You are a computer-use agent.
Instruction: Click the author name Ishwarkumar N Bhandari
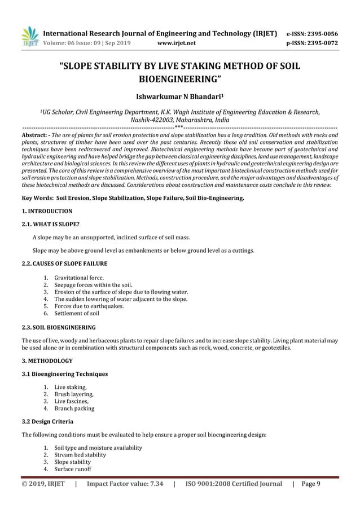pos(180,97)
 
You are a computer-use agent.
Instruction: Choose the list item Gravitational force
pos(79,278)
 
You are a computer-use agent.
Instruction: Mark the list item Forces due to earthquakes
pos(89,306)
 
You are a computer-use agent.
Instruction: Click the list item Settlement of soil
pos(77,313)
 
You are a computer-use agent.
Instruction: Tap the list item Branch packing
pos(74,408)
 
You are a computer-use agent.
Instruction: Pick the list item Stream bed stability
pos(80,455)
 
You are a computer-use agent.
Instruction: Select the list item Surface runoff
pos(73,469)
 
